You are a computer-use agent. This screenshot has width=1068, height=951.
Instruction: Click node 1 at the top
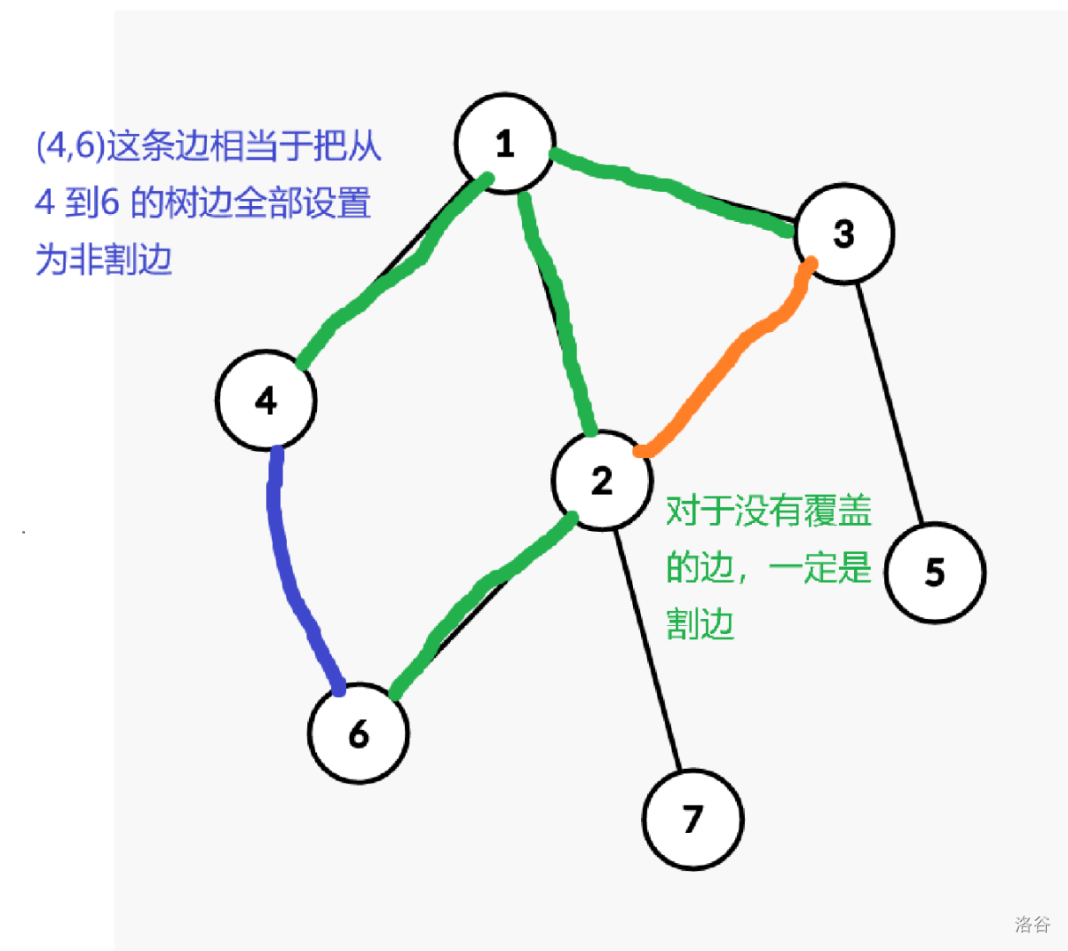505,144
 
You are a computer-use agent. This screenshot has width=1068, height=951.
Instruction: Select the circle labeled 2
602,481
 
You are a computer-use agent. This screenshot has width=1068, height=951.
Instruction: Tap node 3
843,234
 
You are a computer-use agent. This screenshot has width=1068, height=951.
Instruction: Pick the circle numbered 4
265,401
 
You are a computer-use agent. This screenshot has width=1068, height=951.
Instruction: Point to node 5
935,572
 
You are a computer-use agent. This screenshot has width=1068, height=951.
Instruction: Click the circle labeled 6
358,734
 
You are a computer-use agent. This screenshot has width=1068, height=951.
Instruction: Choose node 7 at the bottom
693,819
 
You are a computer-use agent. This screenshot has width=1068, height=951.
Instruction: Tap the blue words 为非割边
103,260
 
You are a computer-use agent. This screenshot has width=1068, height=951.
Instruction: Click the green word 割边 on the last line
700,624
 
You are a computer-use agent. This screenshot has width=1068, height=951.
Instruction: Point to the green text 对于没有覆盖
768,511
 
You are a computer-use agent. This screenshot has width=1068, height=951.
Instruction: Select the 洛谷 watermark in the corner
1032,924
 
